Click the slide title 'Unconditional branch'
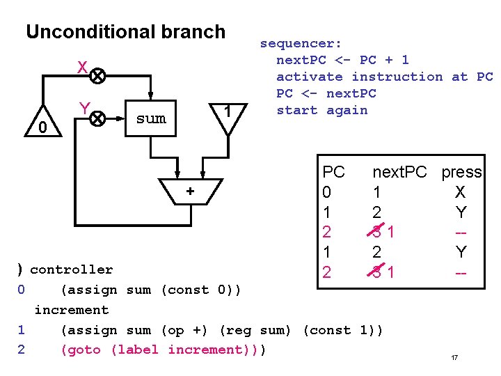125,32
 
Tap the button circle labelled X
99,75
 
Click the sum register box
151,118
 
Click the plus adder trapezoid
189,190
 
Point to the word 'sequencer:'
301,43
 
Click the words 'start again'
321,110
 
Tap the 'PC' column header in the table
333,172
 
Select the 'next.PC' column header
399,172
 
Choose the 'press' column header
461,172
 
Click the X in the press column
460,192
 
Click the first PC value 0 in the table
328,192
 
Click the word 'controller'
71,269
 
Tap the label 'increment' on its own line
71,310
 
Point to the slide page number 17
454,358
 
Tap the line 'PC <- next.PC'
326,93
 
